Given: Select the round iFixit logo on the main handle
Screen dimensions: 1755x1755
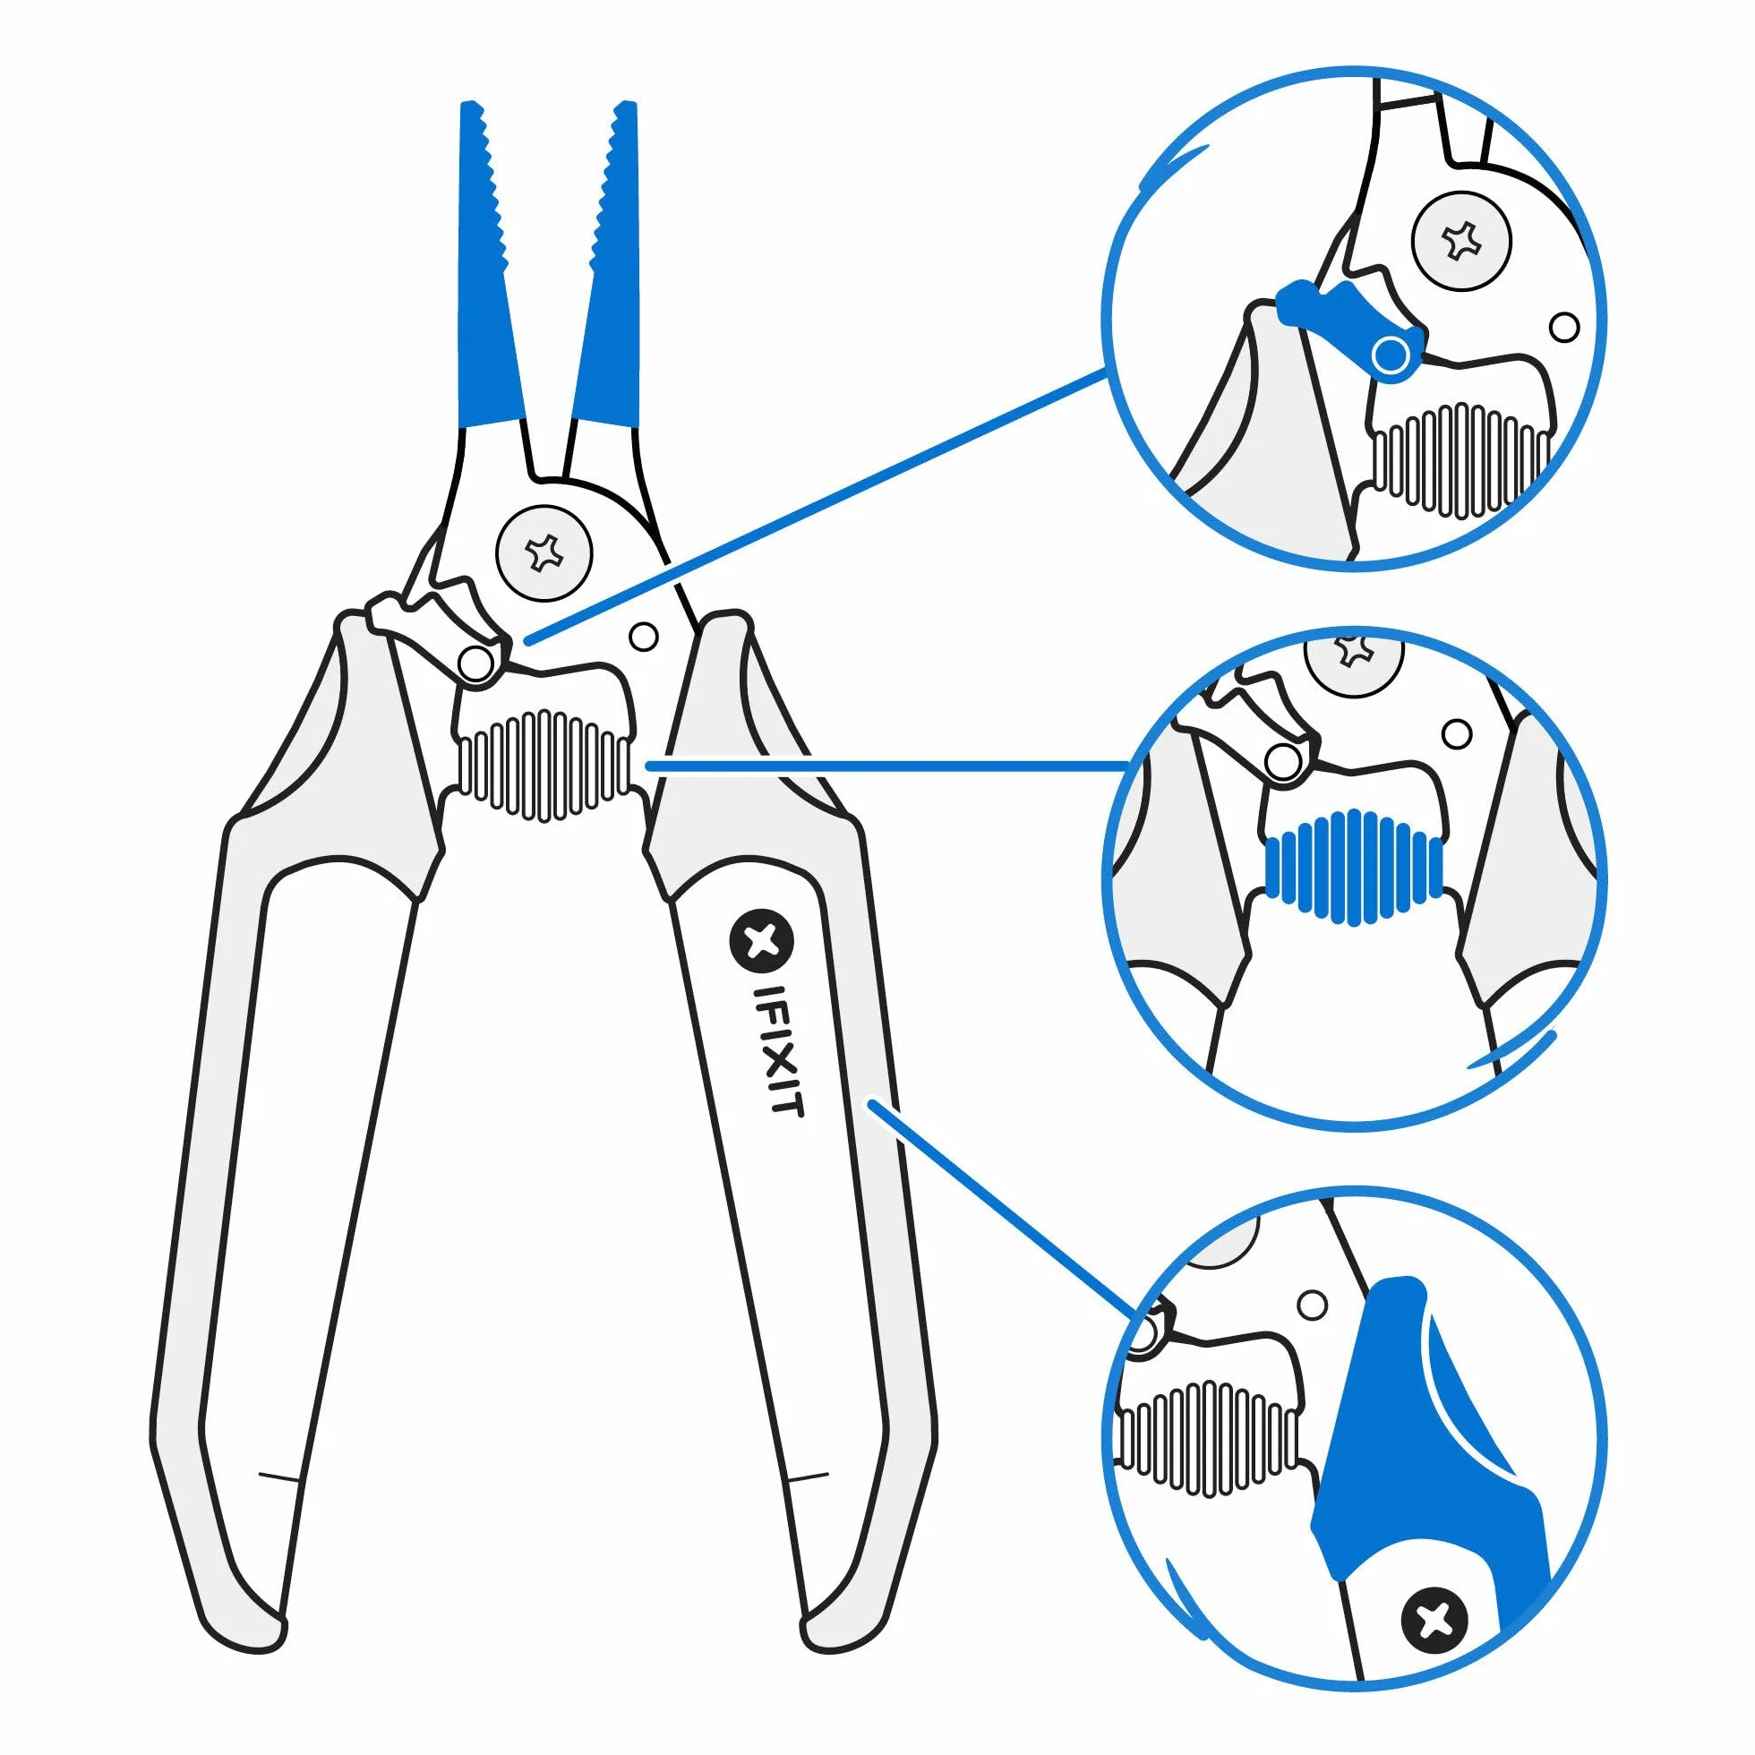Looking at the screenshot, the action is click(x=761, y=941).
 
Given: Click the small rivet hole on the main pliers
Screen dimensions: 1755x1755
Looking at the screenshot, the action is click(x=643, y=637).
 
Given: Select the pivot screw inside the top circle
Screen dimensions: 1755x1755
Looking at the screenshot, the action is click(x=1463, y=242).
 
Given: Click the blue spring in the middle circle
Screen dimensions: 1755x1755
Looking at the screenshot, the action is click(x=1354, y=869).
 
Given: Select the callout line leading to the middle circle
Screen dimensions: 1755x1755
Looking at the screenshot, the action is click(x=886, y=766).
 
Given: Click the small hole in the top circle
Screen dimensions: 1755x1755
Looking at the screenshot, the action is click(x=1563, y=327).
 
